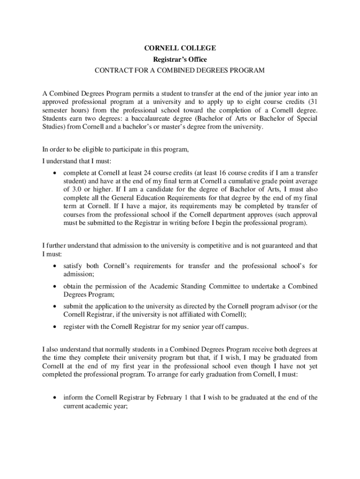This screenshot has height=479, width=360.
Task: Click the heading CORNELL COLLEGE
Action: (x=180, y=48)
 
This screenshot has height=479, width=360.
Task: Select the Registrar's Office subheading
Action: (x=180, y=59)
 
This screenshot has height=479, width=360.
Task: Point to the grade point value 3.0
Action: (x=69, y=189)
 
